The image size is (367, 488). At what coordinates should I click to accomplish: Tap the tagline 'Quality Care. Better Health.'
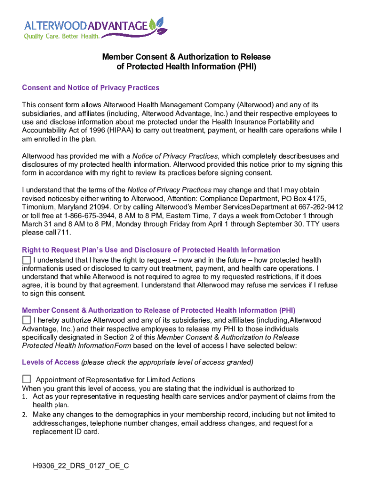[x=62, y=36]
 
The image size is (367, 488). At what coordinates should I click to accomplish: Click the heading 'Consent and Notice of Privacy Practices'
[x=91, y=88]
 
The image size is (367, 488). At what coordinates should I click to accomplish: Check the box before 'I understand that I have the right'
[x=26, y=260]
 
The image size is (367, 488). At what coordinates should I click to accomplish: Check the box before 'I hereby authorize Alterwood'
[x=26, y=320]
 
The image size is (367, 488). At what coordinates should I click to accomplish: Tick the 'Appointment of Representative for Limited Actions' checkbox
[x=27, y=379]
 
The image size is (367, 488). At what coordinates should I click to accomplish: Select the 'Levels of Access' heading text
[x=51, y=362]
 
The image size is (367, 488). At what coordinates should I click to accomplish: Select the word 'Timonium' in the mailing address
[x=39, y=207]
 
